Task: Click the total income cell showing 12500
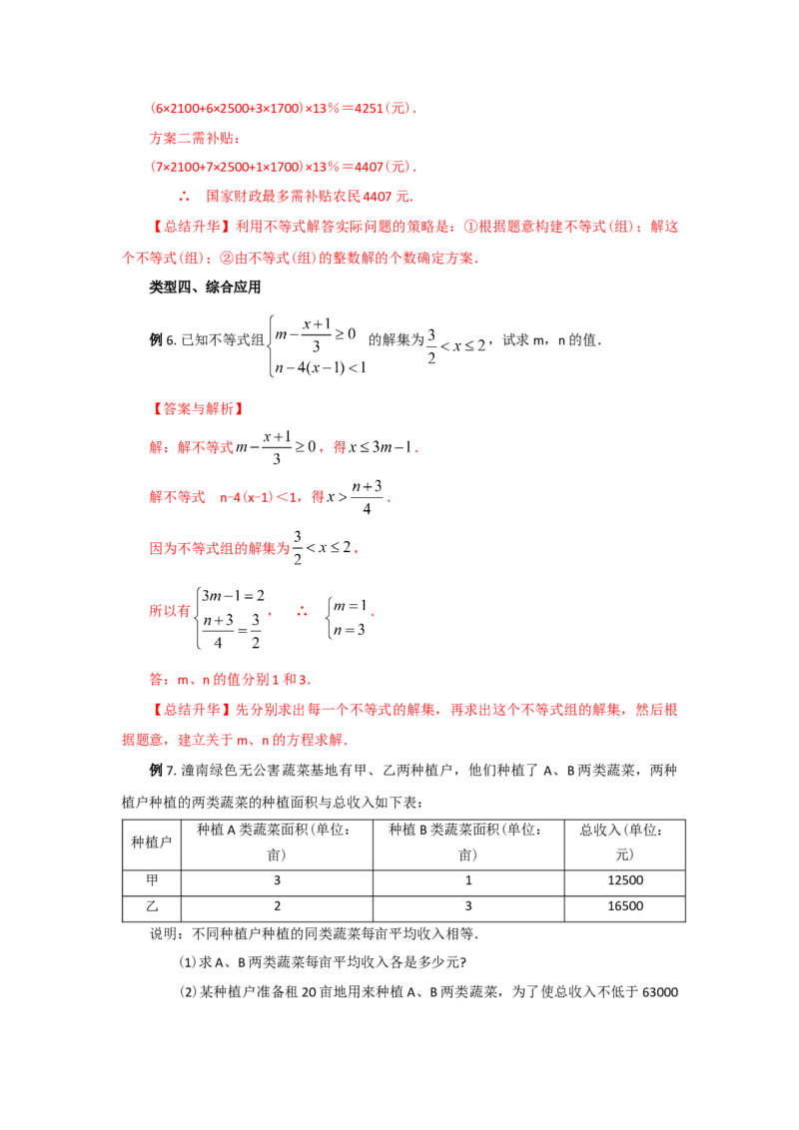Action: point(625,879)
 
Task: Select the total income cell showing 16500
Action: point(625,905)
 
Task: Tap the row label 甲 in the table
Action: point(152,879)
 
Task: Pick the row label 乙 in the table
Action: point(152,905)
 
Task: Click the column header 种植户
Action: point(152,842)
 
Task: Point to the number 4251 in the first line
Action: point(369,108)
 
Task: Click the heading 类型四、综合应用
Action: point(205,286)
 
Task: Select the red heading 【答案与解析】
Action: point(198,408)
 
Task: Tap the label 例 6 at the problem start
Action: point(162,340)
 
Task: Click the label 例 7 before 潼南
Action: point(162,771)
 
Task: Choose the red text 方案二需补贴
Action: point(195,138)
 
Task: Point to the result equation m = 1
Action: point(350,606)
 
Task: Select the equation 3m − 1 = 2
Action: point(233,595)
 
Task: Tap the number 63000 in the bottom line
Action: point(660,992)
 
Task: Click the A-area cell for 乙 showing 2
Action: point(277,905)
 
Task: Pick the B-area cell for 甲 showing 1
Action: point(468,879)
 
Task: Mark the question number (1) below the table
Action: point(187,962)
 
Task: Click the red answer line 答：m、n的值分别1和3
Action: point(230,679)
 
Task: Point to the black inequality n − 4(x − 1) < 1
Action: point(321,367)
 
